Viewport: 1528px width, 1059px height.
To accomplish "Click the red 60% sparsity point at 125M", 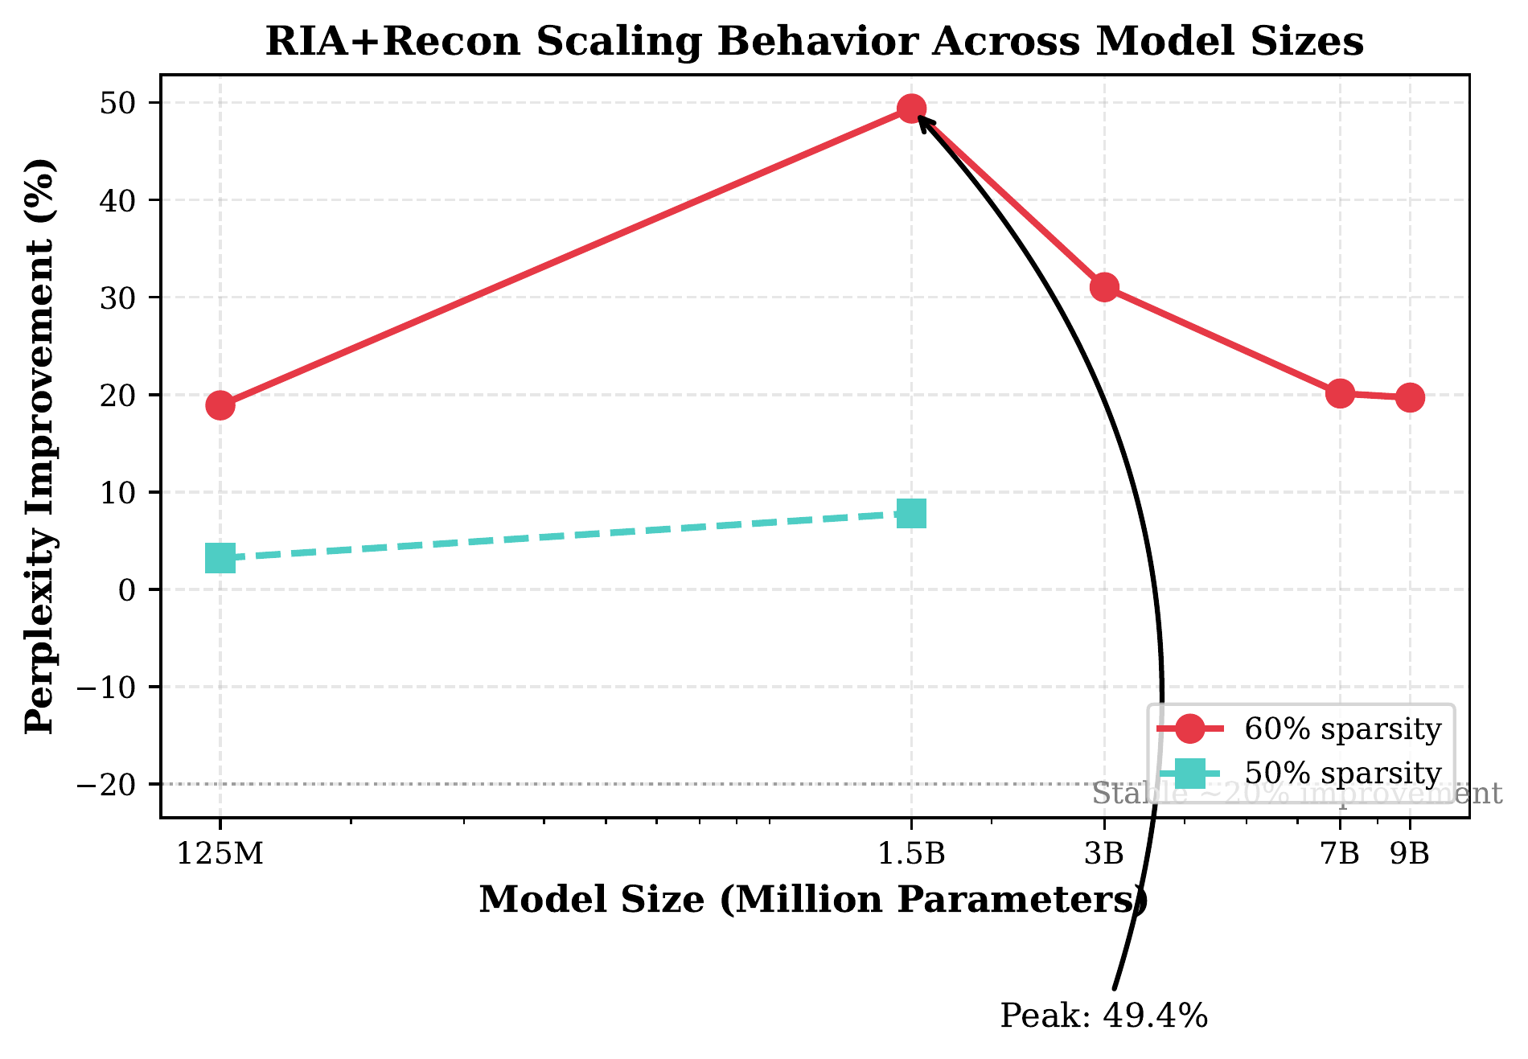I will coord(220,404).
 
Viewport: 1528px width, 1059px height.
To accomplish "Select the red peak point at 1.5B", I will coord(911,108).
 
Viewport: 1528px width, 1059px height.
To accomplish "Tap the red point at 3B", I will coord(1104,287).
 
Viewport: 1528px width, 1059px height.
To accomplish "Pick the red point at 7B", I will coord(1340,393).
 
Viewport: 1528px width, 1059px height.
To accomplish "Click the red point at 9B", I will coord(1410,397).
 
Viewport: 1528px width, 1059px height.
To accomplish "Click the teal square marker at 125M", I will coord(220,557).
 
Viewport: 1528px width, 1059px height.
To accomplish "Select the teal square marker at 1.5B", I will coord(911,513).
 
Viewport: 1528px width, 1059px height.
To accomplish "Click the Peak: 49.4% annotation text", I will coord(1103,1016).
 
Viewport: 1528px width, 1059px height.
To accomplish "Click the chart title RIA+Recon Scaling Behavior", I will coord(814,42).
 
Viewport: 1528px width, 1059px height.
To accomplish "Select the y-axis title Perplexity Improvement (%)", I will coord(40,446).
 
